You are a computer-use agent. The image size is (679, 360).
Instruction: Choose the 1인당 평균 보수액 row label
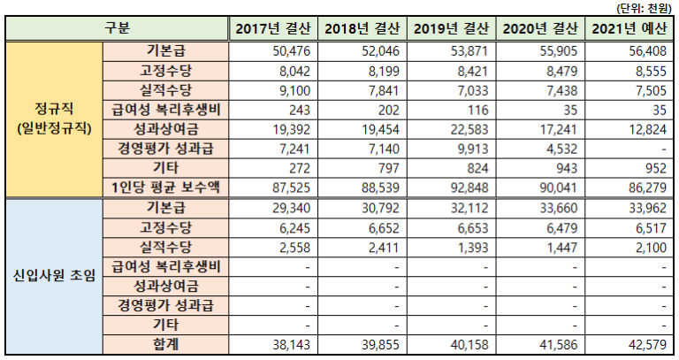click(164, 188)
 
